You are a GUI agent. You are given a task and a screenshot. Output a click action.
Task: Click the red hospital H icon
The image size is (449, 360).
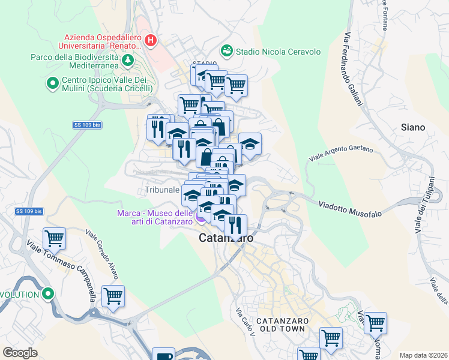pos(151,41)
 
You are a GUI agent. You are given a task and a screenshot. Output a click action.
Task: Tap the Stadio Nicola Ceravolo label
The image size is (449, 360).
pos(279,52)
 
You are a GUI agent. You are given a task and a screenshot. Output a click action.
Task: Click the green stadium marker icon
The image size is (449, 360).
pos(227,51)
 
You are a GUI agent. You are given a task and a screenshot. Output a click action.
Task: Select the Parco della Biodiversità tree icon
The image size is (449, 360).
pos(127,60)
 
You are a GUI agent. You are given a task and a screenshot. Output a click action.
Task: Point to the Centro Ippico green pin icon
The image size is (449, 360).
pos(52,82)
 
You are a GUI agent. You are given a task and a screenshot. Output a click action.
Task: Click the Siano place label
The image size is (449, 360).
pos(413,127)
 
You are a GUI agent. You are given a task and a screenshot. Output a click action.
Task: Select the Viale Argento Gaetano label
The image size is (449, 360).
pos(341,154)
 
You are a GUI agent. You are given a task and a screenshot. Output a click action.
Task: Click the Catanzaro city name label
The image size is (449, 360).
pos(226,238)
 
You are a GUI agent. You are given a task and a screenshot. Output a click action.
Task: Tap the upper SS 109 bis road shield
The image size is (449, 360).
pos(85,125)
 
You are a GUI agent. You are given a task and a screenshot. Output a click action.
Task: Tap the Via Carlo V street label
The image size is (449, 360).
pos(246,322)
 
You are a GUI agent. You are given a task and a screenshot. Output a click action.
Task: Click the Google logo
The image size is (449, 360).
pos(20,353)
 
